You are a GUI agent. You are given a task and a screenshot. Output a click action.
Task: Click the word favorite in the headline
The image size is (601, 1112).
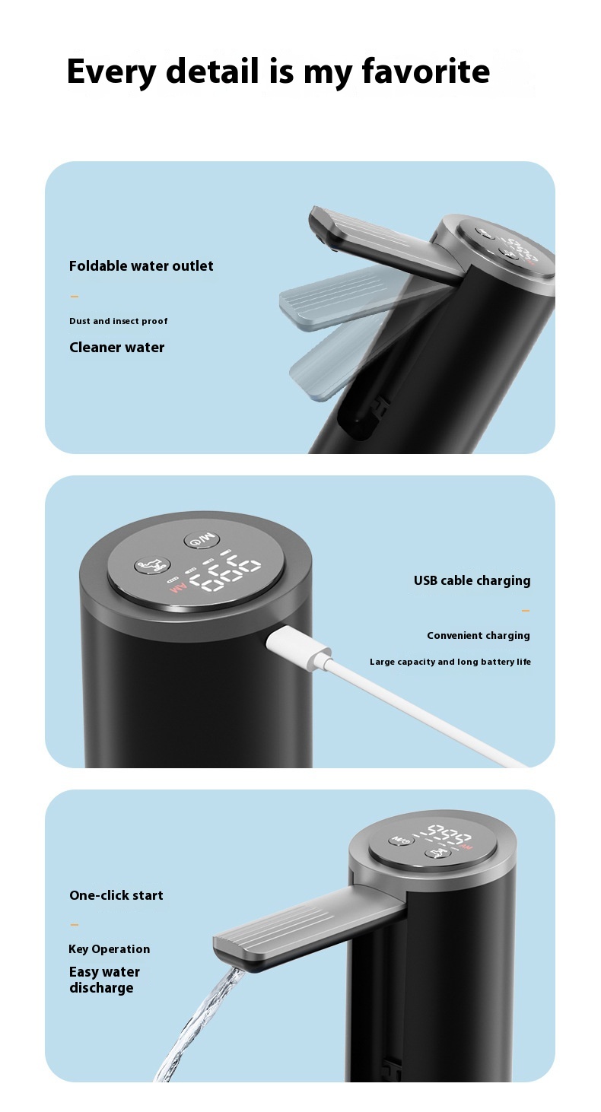click(x=425, y=71)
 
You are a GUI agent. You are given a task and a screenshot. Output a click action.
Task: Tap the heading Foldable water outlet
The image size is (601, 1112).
click(x=141, y=266)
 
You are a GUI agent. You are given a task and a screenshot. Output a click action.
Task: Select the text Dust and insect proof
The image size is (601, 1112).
click(x=119, y=321)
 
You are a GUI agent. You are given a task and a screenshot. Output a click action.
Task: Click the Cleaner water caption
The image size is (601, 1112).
click(x=116, y=348)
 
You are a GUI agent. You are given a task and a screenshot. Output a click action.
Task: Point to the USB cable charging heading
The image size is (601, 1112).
click(x=472, y=581)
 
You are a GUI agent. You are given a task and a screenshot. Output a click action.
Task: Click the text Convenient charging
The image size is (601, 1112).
click(x=479, y=636)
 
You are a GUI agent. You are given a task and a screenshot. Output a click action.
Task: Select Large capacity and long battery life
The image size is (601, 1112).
click(x=450, y=662)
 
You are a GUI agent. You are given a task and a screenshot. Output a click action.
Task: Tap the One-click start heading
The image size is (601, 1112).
click(x=116, y=895)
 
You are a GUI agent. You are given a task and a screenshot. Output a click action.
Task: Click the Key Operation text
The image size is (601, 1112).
click(x=110, y=949)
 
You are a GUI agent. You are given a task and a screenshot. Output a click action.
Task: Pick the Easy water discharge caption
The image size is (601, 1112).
click(x=104, y=980)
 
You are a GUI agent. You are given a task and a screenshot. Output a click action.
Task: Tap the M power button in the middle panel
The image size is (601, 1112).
click(x=200, y=539)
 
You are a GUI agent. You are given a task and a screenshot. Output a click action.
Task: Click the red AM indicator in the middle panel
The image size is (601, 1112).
click(x=178, y=589)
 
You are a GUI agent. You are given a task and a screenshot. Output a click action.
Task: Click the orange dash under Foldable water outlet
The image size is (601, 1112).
click(x=75, y=297)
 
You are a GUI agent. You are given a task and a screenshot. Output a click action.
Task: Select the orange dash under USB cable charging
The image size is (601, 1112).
click(x=526, y=611)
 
